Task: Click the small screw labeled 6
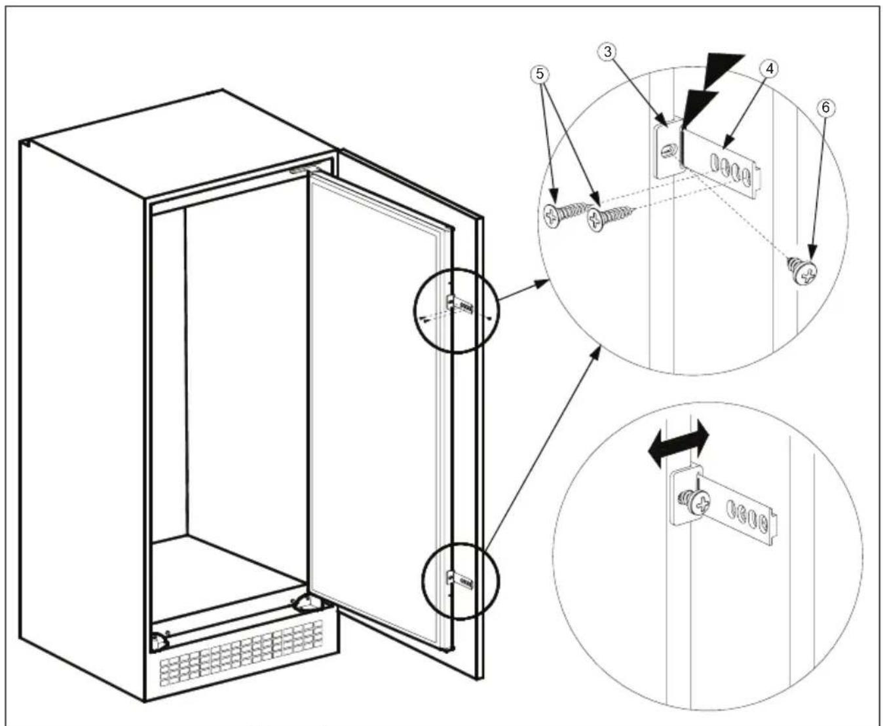(x=804, y=269)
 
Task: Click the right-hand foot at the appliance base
(x=306, y=602)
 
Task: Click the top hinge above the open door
(x=305, y=169)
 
